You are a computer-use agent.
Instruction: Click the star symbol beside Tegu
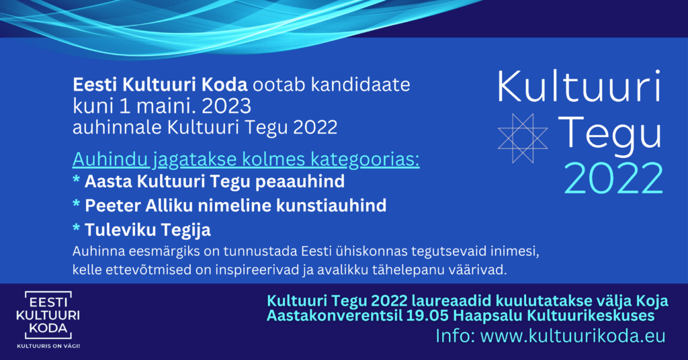(523, 138)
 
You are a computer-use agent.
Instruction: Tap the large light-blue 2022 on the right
(613, 178)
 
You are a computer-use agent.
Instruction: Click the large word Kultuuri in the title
(578, 86)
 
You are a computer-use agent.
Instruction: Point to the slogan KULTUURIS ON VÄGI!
(48, 346)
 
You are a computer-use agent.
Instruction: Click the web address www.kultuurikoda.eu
(573, 336)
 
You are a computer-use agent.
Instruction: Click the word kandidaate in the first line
(361, 85)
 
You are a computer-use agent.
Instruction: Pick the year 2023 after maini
(226, 106)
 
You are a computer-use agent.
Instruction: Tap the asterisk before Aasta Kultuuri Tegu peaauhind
(77, 180)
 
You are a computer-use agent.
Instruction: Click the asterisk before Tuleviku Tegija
(77, 228)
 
